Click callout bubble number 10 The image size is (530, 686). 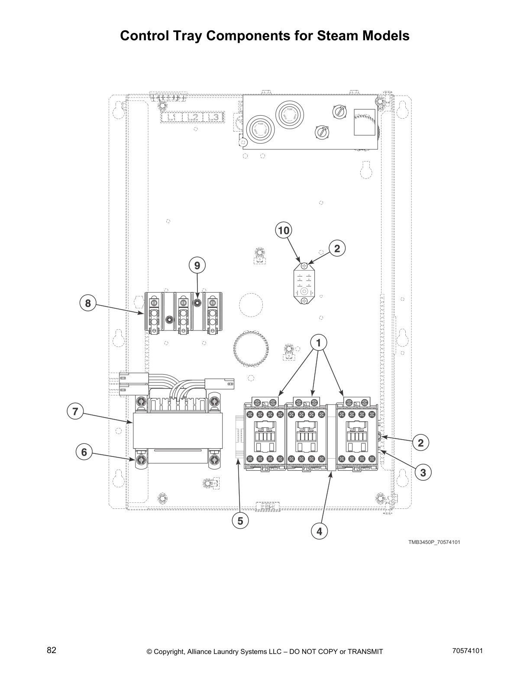click(x=284, y=231)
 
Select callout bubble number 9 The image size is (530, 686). click(x=197, y=265)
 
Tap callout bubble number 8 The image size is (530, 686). click(x=88, y=303)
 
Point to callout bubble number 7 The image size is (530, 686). click(x=75, y=411)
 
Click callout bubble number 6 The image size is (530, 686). click(x=84, y=453)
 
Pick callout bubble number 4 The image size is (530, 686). click(x=320, y=531)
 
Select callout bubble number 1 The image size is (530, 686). click(x=319, y=343)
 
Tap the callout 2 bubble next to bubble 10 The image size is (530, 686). click(x=337, y=248)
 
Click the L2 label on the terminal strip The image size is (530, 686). click(x=193, y=117)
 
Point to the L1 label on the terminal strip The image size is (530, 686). click(x=171, y=117)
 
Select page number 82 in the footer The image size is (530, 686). click(x=52, y=650)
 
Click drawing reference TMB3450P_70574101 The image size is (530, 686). click(x=430, y=542)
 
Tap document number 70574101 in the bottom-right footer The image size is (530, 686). click(x=467, y=650)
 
